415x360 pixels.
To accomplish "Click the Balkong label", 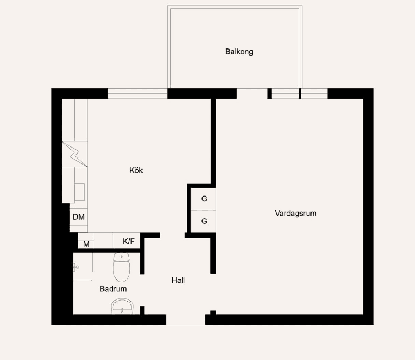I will point(239,52).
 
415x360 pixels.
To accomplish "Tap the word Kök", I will point(136,171).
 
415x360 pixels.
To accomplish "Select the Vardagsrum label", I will point(296,213).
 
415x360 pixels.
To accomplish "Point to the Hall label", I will point(178,280).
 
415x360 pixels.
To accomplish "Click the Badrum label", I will point(113,288).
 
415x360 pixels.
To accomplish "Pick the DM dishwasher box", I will point(79,217).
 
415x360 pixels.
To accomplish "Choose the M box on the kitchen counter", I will point(86,243).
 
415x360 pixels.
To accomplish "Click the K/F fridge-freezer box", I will point(128,241).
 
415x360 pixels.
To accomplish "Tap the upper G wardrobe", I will point(204,199).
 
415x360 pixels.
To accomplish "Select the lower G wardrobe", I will point(204,221).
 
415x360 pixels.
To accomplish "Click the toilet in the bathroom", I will point(121,267).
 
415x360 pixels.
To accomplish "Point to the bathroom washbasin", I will point(122,306).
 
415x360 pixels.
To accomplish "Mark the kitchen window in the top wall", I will point(138,93).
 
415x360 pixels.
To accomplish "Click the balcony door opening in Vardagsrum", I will point(252,93).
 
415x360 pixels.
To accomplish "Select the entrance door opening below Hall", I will point(185,320).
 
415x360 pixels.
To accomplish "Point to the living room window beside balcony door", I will point(300,93).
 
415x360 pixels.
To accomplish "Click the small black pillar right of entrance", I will point(213,313).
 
